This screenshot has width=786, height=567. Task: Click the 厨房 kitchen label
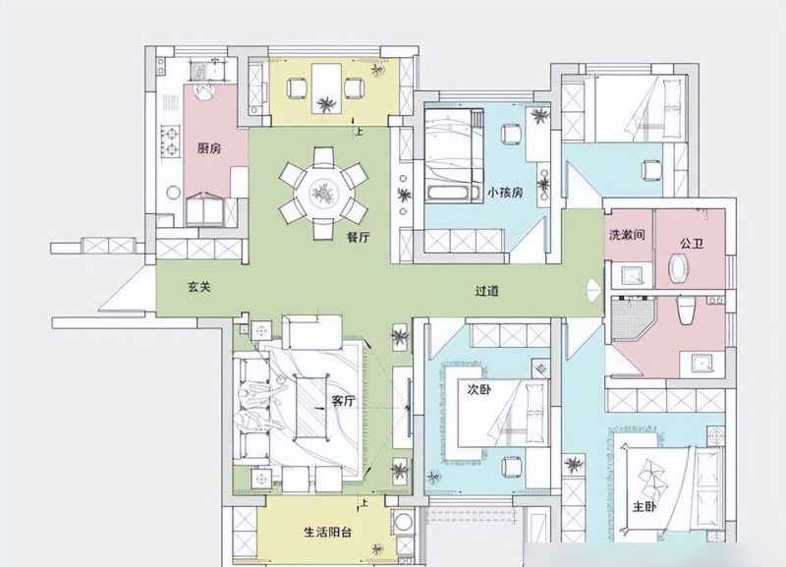[209, 148]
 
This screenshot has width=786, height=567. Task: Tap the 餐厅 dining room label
[358, 237]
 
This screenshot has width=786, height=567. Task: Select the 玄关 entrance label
[199, 287]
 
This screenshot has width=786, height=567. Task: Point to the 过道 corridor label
[486, 291]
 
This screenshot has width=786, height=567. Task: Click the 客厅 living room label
[344, 401]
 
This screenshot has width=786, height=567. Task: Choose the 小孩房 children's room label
[505, 193]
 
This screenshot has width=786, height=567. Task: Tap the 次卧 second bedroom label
[479, 389]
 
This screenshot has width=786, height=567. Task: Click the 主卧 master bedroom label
[645, 507]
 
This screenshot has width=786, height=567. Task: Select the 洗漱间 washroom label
[627, 235]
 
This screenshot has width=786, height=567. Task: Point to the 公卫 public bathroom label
[692, 244]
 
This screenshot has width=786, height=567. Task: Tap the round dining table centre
[323, 194]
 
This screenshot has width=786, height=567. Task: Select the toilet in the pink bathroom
[685, 310]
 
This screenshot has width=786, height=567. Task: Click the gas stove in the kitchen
[170, 142]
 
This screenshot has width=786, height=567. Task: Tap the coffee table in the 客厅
[310, 407]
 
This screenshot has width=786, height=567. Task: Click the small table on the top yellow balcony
[326, 88]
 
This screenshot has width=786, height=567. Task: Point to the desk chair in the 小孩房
[511, 134]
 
